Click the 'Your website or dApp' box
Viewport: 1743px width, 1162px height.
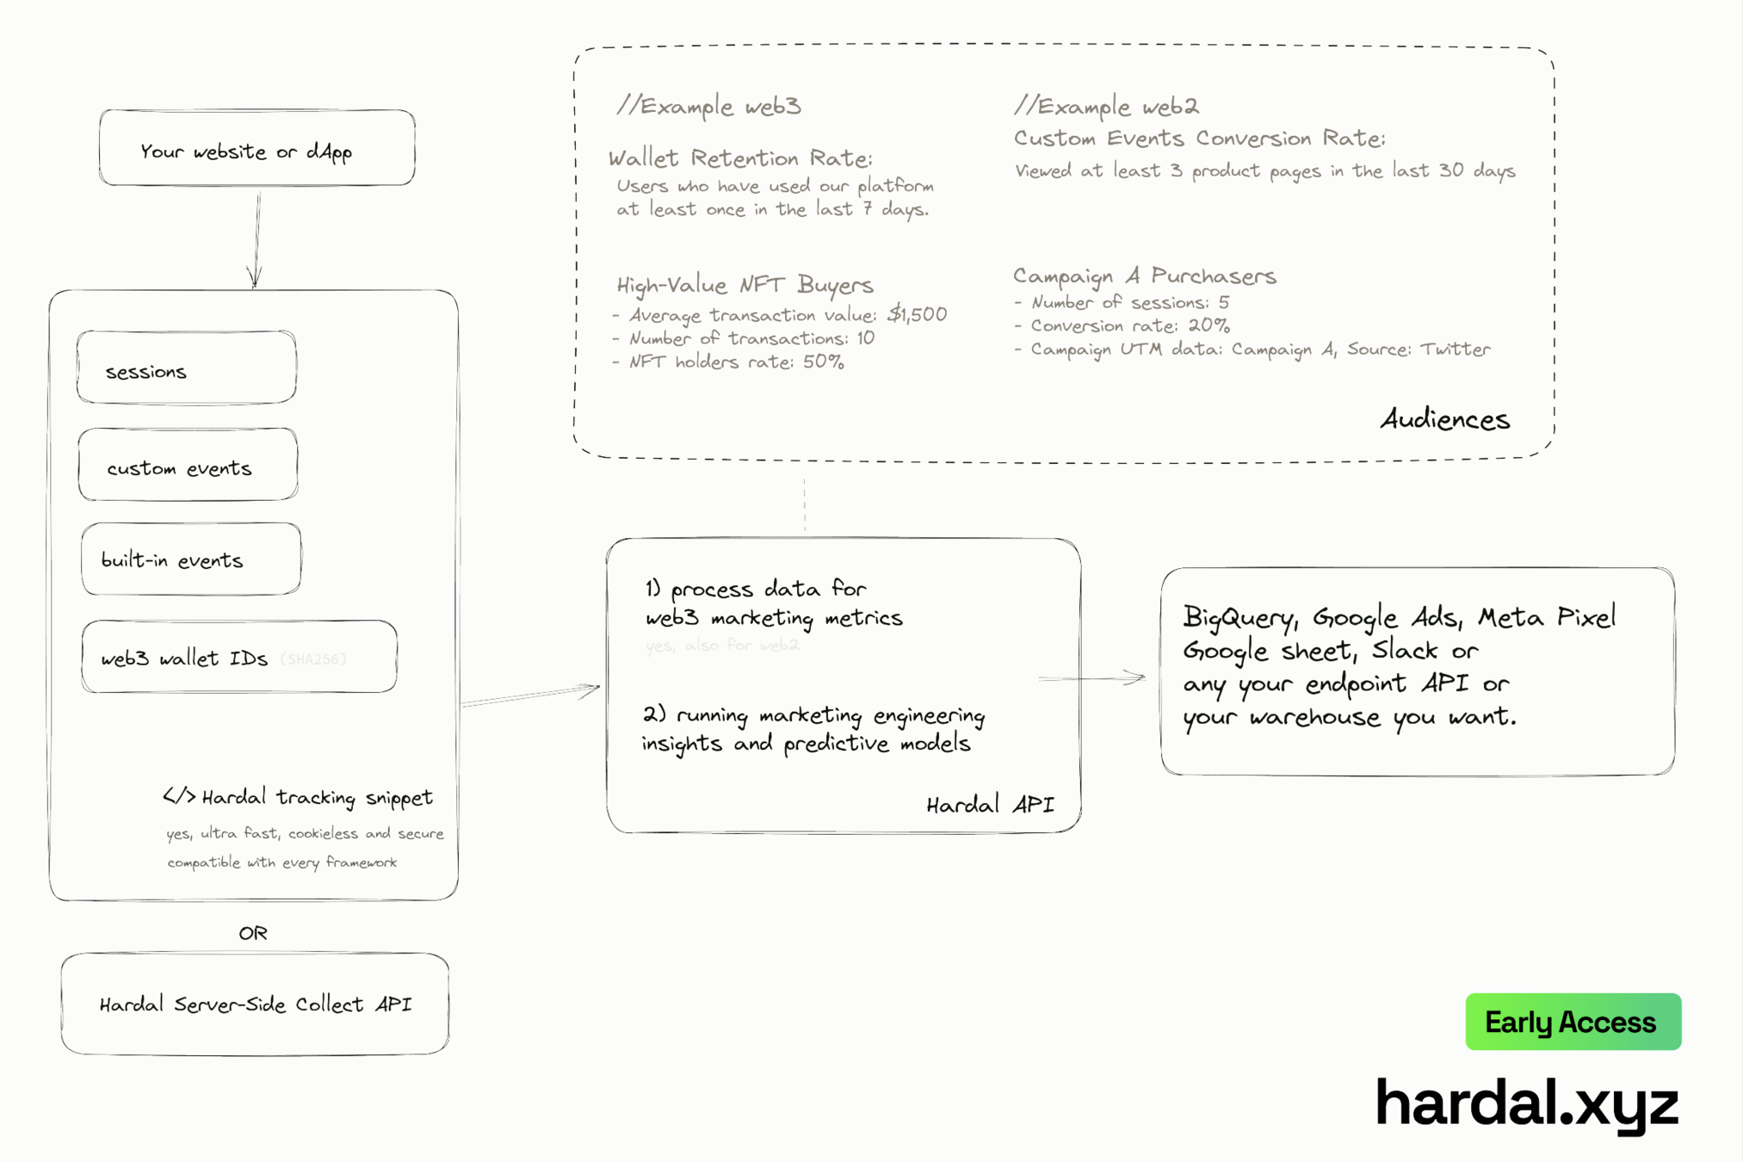[x=257, y=148]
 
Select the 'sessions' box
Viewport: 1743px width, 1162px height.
[x=187, y=368]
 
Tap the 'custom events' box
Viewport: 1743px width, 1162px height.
[x=189, y=465]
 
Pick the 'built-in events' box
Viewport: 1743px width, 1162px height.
[x=191, y=559]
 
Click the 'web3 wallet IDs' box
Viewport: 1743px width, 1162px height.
[x=239, y=657]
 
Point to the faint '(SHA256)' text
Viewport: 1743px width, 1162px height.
[x=313, y=659]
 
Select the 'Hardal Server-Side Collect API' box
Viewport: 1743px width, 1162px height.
[x=255, y=1004]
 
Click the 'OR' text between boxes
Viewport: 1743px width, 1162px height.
[x=253, y=933]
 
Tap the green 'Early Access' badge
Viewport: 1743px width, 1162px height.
[x=1573, y=1022]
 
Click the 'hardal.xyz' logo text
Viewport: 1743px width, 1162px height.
[x=1526, y=1103]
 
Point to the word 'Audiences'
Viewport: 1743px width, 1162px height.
[x=1444, y=419]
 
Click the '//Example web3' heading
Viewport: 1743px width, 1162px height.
[x=708, y=106]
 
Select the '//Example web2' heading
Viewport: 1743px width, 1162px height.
[x=1106, y=106]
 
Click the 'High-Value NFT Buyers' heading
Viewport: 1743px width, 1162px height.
[x=745, y=285]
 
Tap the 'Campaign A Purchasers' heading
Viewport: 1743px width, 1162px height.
[x=1144, y=275]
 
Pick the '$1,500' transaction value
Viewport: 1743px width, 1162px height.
[x=917, y=314]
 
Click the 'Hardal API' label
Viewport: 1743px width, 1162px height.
[x=990, y=805]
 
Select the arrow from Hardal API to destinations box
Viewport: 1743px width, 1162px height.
[x=1091, y=678]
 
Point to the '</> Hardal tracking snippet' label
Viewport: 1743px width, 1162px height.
[x=298, y=797]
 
